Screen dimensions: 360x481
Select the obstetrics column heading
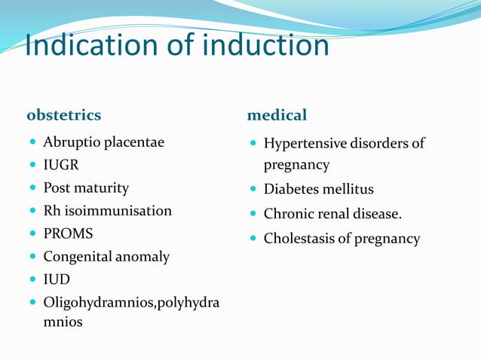point(64,115)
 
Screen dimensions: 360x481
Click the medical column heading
point(277,115)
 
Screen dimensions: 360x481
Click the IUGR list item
point(61,164)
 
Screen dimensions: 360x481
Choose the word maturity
point(102,188)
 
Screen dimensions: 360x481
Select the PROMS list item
point(68,233)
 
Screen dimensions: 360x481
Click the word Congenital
point(77,257)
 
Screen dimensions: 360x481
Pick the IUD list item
point(56,279)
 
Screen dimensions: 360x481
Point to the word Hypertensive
point(305,143)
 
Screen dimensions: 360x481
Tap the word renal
point(330,214)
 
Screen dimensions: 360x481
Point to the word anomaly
point(142,257)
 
